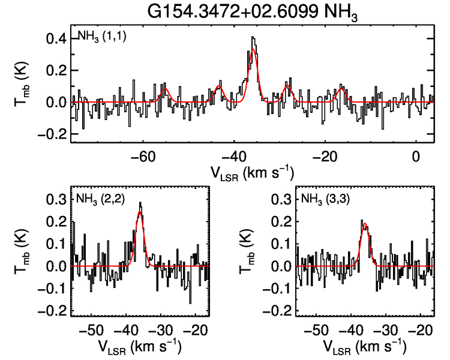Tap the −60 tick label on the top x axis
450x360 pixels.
(x=142, y=156)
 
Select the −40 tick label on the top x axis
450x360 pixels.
(x=234, y=156)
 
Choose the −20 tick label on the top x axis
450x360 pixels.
(x=325, y=156)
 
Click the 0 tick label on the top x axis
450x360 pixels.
(x=416, y=156)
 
